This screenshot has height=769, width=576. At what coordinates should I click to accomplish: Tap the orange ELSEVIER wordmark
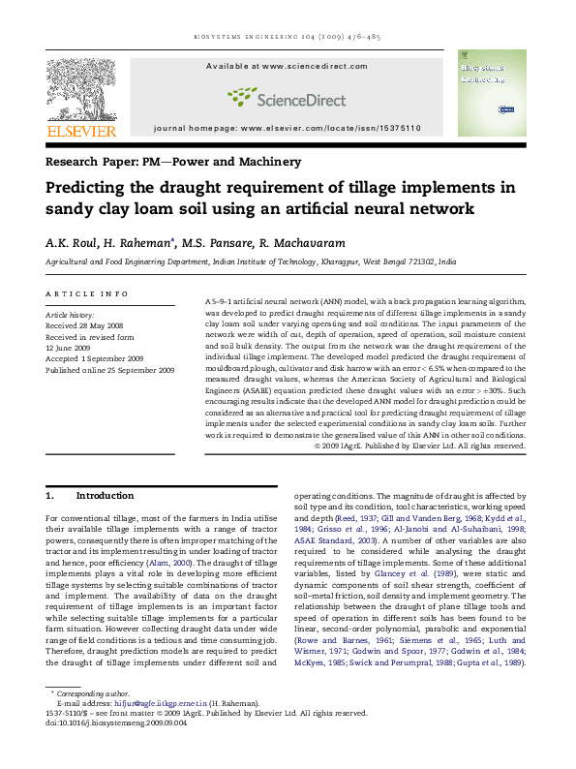click(x=82, y=131)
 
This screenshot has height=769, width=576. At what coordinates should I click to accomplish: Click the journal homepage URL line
click(x=287, y=128)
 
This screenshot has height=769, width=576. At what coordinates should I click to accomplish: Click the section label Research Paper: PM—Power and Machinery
click(x=173, y=162)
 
